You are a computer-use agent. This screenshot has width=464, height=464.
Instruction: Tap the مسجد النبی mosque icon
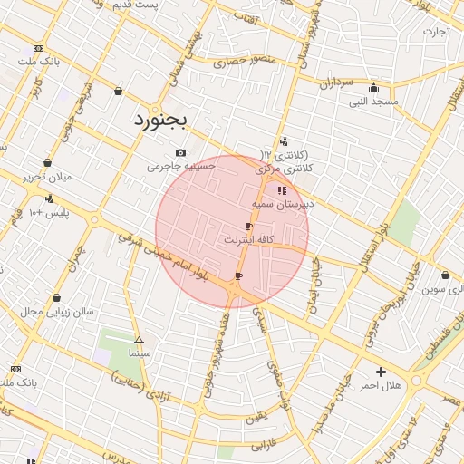pyautogui.click(x=373, y=88)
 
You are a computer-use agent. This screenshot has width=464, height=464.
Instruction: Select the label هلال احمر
pyautogui.click(x=381, y=386)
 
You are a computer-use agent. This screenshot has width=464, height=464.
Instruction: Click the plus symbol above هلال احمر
pyautogui.click(x=381, y=372)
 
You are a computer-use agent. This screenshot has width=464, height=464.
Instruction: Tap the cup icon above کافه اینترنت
pyautogui.click(x=249, y=226)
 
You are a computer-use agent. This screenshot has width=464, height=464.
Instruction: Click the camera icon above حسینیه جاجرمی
pyautogui.click(x=181, y=152)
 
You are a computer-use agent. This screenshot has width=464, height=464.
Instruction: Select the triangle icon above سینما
pyautogui.click(x=139, y=339)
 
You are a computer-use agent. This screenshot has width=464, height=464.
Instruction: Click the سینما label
pyautogui.click(x=139, y=352)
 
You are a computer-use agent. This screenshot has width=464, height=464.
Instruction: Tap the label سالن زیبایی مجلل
pyautogui.click(x=57, y=311)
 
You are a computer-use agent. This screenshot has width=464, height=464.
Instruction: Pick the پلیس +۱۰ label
pyautogui.click(x=49, y=212)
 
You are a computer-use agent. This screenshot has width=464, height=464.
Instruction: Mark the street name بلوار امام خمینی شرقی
pyautogui.click(x=169, y=254)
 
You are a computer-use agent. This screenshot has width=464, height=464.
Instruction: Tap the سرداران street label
pyautogui.click(x=334, y=82)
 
